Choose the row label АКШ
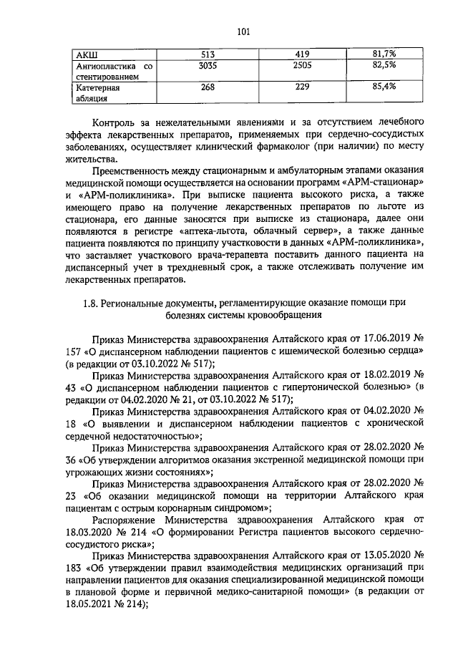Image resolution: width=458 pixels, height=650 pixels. pyautogui.click(x=87, y=54)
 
